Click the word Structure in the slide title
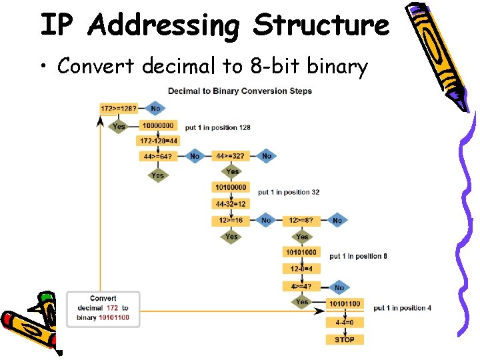pyautogui.click(x=321, y=25)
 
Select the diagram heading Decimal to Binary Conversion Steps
pyautogui.click(x=239, y=91)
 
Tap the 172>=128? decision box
pyautogui.click(x=118, y=108)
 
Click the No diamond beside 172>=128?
pyautogui.click(x=155, y=108)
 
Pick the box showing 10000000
pyautogui.click(x=158, y=125)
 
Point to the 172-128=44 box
pyautogui.click(x=158, y=141)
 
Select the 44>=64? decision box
pyautogui.click(x=157, y=157)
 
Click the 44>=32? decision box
pyautogui.click(x=230, y=156)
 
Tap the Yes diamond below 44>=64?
pyautogui.click(x=157, y=175)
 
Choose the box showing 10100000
pyautogui.click(x=230, y=187)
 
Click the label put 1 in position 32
pyautogui.click(x=289, y=192)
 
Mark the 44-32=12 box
pyautogui.click(x=231, y=203)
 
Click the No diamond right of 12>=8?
pyautogui.click(x=337, y=220)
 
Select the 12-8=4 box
pyautogui.click(x=301, y=269)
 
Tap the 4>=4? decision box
pyautogui.click(x=301, y=286)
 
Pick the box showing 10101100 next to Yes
pyautogui.click(x=345, y=304)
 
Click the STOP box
pyautogui.click(x=345, y=339)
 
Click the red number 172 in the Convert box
pyautogui.click(x=113, y=308)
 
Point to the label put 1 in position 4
pyautogui.click(x=402, y=308)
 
